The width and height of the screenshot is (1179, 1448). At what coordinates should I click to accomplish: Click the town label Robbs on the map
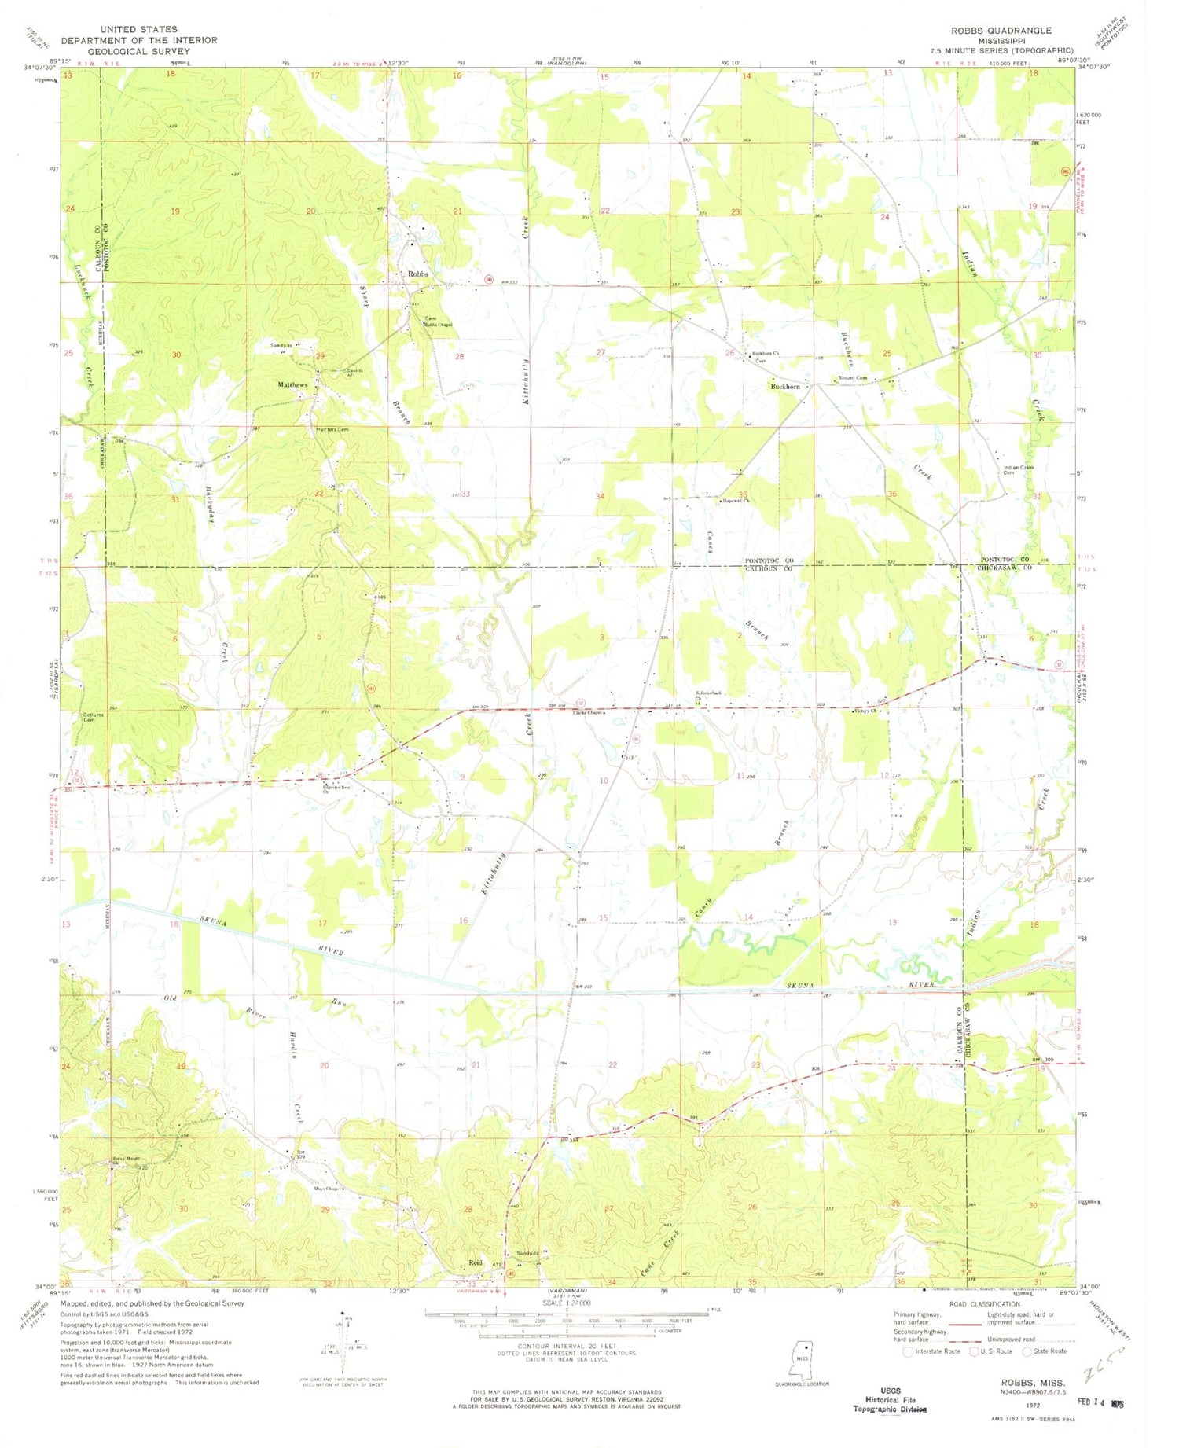tap(418, 274)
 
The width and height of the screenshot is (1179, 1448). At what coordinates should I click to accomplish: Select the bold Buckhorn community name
tap(785, 387)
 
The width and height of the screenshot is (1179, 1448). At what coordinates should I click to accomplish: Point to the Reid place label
tap(476, 1262)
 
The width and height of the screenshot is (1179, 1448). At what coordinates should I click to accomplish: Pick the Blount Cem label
tap(853, 378)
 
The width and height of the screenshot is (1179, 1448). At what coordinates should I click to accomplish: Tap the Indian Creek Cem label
tap(1019, 471)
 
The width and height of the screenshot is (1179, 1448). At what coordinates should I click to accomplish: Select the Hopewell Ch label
tap(736, 500)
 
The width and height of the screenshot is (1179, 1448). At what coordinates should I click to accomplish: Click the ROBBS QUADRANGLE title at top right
tap(1001, 31)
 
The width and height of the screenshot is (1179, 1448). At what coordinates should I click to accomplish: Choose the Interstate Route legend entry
tap(931, 1351)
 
